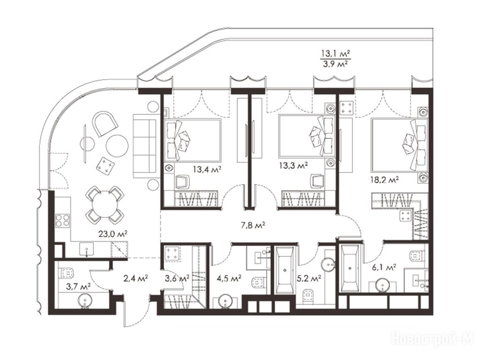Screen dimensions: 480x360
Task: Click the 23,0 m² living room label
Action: coord(112,234)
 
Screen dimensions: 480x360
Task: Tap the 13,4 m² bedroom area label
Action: coord(207,169)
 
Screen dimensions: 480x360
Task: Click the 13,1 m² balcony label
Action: coord(336,54)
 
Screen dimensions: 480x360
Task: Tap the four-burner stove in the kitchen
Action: coord(62,220)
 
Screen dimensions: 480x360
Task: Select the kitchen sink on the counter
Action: coord(87,249)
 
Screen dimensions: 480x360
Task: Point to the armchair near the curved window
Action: coord(105,123)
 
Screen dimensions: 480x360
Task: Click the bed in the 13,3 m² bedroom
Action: coord(307,136)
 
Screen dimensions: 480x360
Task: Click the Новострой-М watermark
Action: coord(433,339)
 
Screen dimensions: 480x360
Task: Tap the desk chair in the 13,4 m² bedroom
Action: coord(182,181)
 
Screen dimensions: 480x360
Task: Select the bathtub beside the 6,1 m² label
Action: coord(350,268)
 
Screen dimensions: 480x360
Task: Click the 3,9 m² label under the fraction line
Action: coord(336,64)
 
